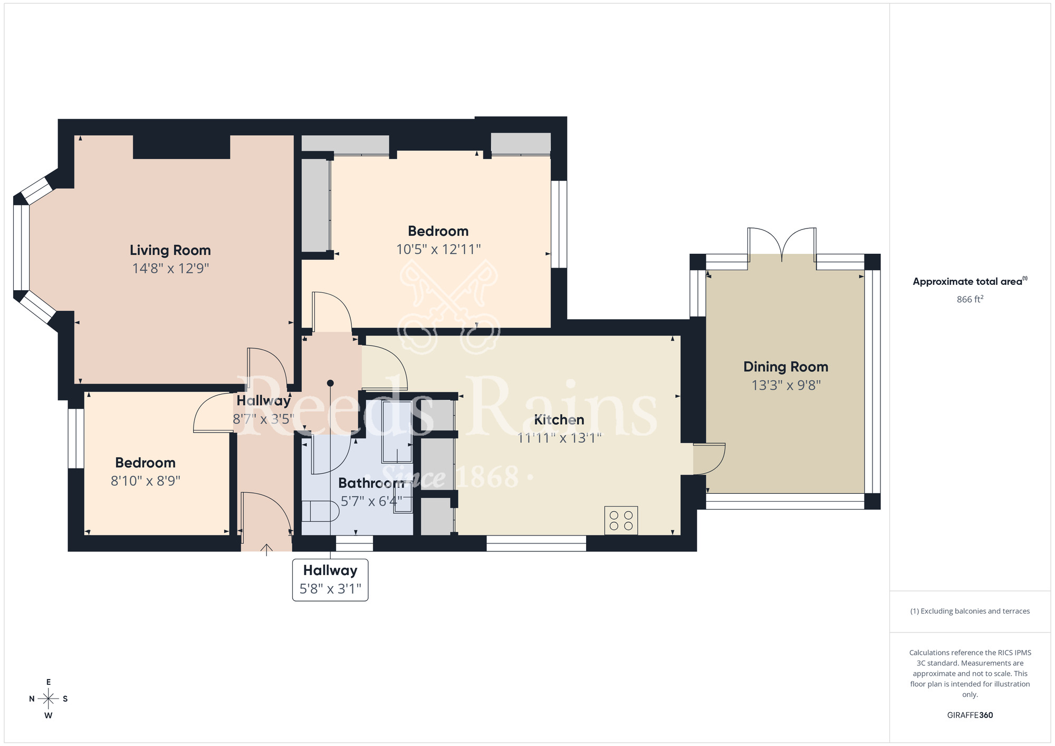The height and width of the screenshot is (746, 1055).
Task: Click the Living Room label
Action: coord(170,250)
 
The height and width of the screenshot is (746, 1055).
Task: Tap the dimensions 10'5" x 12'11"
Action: coord(438,249)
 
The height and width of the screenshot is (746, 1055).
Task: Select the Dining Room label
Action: coord(785,367)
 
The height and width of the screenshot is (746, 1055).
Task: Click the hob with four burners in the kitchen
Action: coord(621,520)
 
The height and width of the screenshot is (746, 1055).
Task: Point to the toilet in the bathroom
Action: coord(320,511)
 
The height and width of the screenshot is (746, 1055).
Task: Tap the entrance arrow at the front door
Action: coord(266,550)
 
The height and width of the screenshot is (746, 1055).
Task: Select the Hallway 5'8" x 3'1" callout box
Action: coord(330,580)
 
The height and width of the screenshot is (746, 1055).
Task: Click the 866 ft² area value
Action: coord(970,299)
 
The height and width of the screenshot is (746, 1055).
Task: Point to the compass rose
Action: coord(49,699)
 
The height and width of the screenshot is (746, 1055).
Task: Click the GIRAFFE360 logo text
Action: coord(970,715)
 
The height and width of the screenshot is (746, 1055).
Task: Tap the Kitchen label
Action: coord(559,420)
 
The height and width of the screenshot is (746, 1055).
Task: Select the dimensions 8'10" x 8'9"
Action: coord(146,481)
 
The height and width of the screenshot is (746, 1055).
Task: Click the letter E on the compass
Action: coord(49,682)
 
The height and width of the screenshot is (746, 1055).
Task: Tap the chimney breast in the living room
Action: coord(181,147)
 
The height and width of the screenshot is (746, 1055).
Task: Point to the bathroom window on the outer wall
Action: coord(354,543)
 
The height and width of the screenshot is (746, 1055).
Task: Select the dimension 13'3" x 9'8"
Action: coord(785,385)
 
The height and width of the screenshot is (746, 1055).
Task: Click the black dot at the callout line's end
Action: coord(330,383)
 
